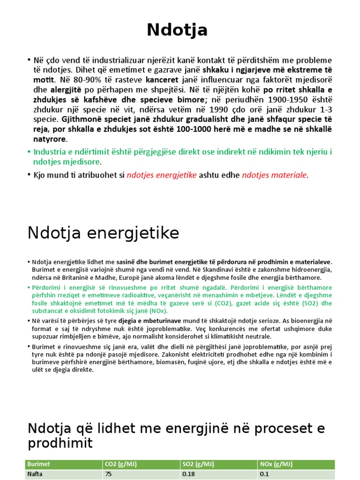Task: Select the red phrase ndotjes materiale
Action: coord(274,175)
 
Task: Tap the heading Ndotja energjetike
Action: coord(104,232)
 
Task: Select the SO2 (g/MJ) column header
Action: coord(199,464)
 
